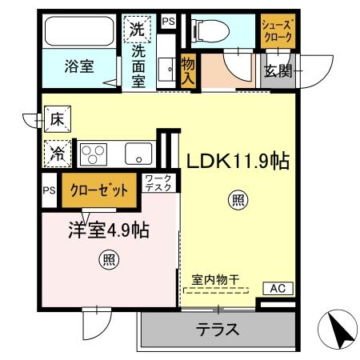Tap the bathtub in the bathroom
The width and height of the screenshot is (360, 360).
(79, 32)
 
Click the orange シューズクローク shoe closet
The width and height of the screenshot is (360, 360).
(278, 32)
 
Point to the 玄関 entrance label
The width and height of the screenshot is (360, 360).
(279, 71)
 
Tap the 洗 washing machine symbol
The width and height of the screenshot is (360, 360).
(137, 30)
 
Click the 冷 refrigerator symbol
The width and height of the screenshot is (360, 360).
(58, 150)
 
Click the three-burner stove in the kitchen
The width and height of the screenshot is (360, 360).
(93, 151)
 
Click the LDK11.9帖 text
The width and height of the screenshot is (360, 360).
(238, 161)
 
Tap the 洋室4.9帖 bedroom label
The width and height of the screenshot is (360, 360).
(109, 230)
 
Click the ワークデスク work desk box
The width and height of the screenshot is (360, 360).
(158, 183)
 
